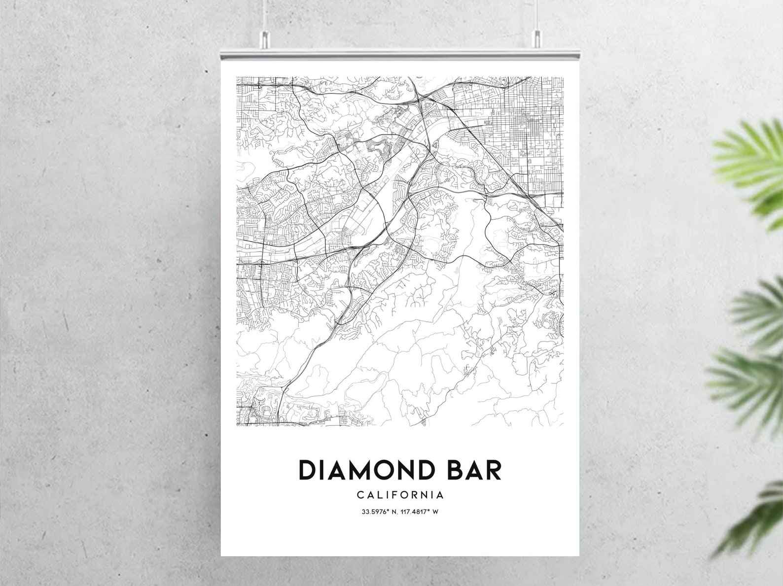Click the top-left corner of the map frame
point(236,77)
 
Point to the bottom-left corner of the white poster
point(221,555)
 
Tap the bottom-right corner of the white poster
point(579,555)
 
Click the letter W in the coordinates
point(436,512)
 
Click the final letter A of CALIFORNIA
point(440,494)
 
